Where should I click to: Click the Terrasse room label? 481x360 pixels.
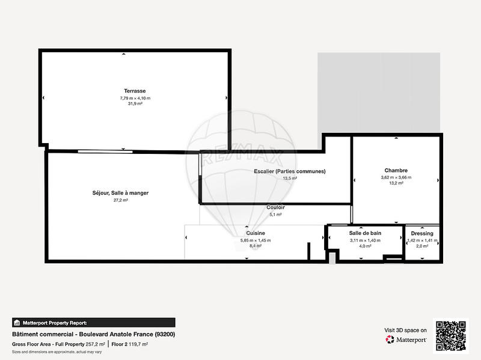(135, 91)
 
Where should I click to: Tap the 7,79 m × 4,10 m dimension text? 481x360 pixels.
(135, 97)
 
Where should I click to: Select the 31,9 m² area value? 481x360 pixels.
(135, 103)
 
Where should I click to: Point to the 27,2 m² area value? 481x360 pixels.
(121, 200)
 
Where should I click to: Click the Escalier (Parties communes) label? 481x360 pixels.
(290, 171)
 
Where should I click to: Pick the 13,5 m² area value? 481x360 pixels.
(290, 178)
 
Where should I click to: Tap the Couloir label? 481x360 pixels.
(275, 207)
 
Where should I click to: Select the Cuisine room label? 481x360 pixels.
(256, 233)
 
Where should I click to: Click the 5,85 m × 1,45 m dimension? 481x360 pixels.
(256, 240)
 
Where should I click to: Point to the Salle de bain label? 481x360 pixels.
(365, 233)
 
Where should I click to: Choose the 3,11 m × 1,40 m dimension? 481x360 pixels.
(365, 240)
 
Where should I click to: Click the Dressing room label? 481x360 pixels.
(422, 233)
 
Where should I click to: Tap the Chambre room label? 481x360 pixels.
(396, 170)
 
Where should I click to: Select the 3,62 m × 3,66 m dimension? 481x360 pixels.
(396, 177)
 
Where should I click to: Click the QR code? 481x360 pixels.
(452, 335)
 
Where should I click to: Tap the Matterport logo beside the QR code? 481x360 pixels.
(406, 340)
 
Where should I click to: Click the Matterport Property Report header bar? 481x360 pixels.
(93, 322)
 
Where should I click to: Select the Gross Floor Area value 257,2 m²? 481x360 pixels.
(95, 344)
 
